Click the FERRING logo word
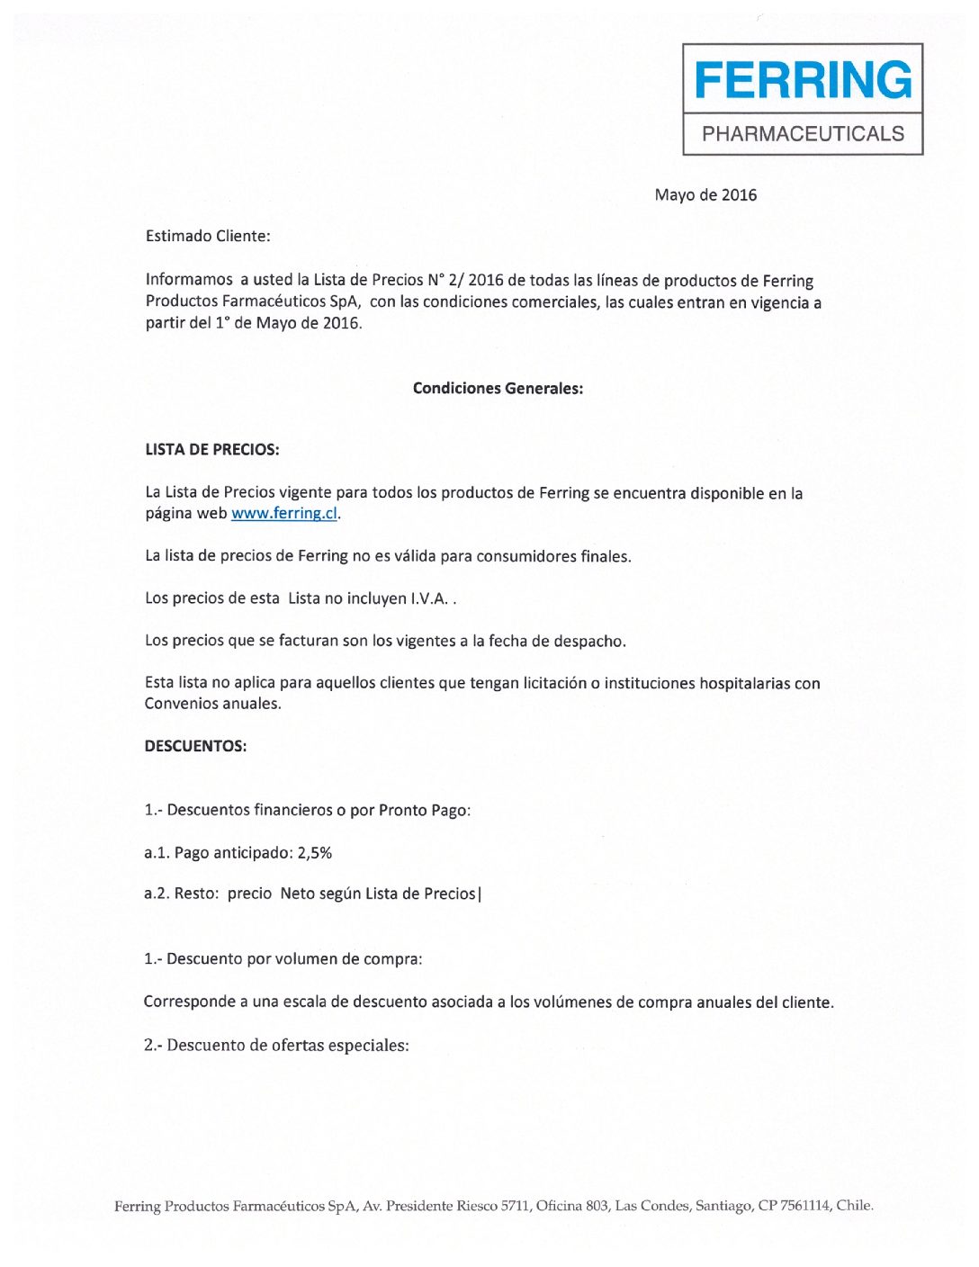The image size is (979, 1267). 803,80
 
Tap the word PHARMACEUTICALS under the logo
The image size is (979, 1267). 803,134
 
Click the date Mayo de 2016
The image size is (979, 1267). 705,195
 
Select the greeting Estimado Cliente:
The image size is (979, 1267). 208,237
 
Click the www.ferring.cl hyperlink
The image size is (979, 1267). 284,514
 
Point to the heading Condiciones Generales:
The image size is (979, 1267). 498,389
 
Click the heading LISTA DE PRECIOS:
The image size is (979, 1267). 212,450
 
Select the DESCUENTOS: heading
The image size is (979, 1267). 195,746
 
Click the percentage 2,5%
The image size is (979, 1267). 315,853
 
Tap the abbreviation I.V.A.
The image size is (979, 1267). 429,599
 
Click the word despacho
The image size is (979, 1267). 590,642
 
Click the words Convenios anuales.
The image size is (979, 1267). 212,704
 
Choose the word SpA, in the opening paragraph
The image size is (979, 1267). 345,301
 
